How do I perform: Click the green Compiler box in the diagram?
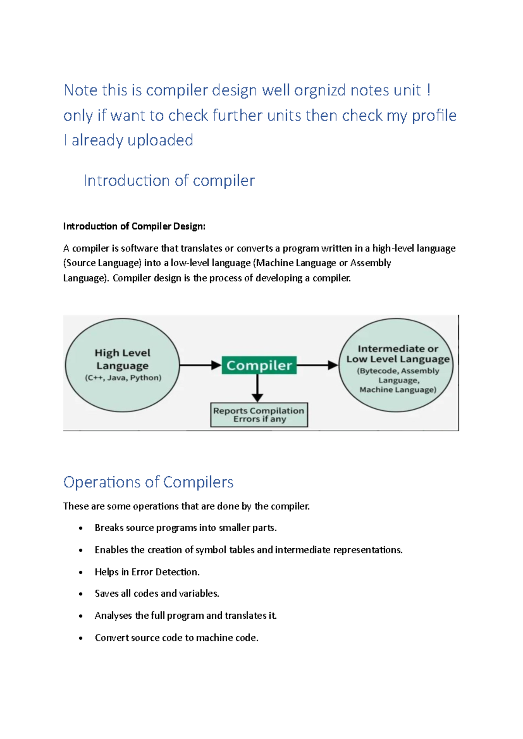(259, 365)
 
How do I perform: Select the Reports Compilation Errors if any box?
(259, 415)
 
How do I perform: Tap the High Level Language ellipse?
(122, 365)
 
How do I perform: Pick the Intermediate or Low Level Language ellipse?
(396, 365)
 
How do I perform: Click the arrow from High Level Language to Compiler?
(200, 365)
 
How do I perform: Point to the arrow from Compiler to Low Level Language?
(317, 365)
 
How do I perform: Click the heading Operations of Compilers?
(148, 482)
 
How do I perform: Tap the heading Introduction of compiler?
(169, 180)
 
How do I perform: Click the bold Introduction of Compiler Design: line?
(134, 226)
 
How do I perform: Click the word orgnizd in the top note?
(320, 90)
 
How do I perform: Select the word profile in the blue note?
(434, 115)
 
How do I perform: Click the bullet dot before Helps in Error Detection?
(81, 573)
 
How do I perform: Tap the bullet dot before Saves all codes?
(81, 594)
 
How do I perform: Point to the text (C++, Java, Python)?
(123, 378)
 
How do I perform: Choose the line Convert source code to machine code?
(177, 638)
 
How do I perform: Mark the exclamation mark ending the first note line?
(429, 90)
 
